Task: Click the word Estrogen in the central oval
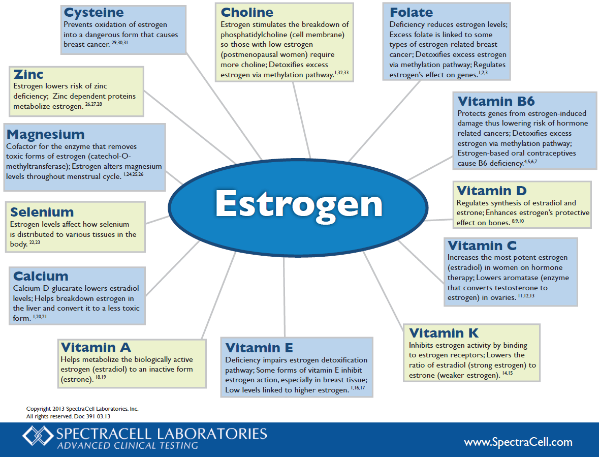click(299, 204)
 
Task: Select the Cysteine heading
click(93, 12)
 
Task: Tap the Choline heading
click(247, 12)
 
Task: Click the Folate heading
click(411, 12)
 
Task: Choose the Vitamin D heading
click(491, 191)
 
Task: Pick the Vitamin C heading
click(482, 246)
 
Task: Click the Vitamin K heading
click(444, 333)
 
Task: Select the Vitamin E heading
click(259, 348)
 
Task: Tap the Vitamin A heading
click(96, 347)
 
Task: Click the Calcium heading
click(41, 276)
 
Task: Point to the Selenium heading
click(42, 212)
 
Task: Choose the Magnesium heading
click(46, 134)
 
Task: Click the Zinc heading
click(28, 74)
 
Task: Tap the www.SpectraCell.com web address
click(518, 442)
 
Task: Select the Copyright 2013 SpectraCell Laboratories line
click(82, 409)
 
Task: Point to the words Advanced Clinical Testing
click(127, 446)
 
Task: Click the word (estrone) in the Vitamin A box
click(76, 379)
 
